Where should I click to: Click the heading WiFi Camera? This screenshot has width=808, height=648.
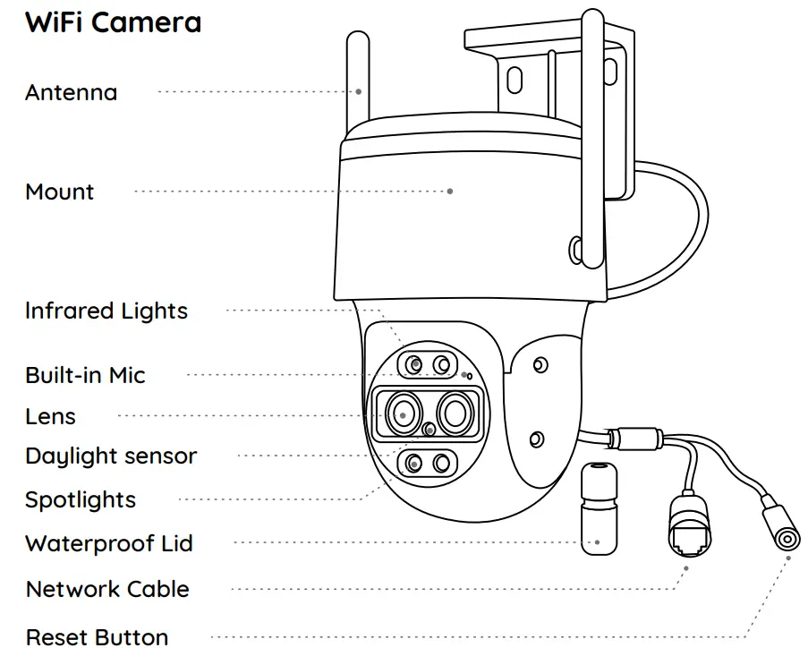(x=113, y=22)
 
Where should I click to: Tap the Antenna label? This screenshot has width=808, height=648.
(x=71, y=92)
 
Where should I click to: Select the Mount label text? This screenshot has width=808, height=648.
(x=60, y=192)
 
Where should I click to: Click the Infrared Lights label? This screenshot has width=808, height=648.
(x=106, y=311)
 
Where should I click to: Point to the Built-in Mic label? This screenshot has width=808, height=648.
(x=85, y=375)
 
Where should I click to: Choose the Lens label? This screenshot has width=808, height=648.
(x=50, y=416)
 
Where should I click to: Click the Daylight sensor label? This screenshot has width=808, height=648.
(x=111, y=456)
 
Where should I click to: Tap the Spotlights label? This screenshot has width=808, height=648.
(x=81, y=499)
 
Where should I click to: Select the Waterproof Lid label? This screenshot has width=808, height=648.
(x=108, y=543)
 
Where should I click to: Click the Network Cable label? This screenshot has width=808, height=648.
(x=107, y=590)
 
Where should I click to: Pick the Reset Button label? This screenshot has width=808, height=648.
(x=97, y=636)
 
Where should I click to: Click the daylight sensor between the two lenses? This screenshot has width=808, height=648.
(x=431, y=430)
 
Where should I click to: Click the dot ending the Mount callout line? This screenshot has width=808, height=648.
(x=450, y=191)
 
